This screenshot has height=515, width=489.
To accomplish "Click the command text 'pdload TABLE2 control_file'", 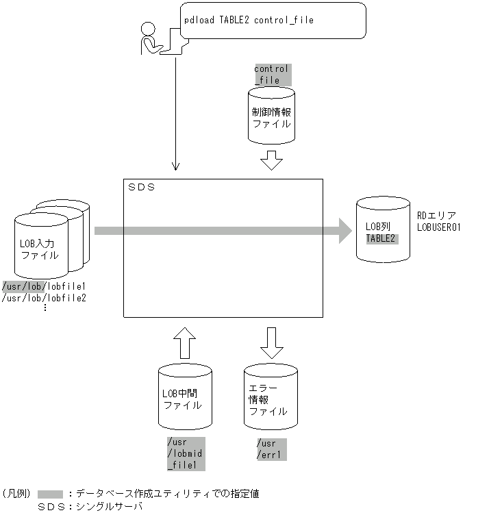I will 249,21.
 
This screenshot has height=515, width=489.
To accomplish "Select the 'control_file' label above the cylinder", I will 271,75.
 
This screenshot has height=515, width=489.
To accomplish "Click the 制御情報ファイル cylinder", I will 271,118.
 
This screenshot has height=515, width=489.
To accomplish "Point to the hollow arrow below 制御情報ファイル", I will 272,160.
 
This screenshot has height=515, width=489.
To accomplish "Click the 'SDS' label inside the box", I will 142,187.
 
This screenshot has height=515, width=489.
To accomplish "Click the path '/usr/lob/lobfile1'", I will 48,286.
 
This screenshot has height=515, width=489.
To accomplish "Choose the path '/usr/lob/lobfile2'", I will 48,297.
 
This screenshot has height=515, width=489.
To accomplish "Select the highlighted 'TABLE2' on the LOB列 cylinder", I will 381,238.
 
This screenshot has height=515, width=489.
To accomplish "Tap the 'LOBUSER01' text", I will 438,227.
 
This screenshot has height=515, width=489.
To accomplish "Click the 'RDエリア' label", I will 431,216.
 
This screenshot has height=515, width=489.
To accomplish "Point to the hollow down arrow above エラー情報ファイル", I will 271,342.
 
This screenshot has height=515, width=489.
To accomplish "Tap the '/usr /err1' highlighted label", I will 271,449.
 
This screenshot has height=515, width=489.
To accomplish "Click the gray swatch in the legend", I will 51,493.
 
